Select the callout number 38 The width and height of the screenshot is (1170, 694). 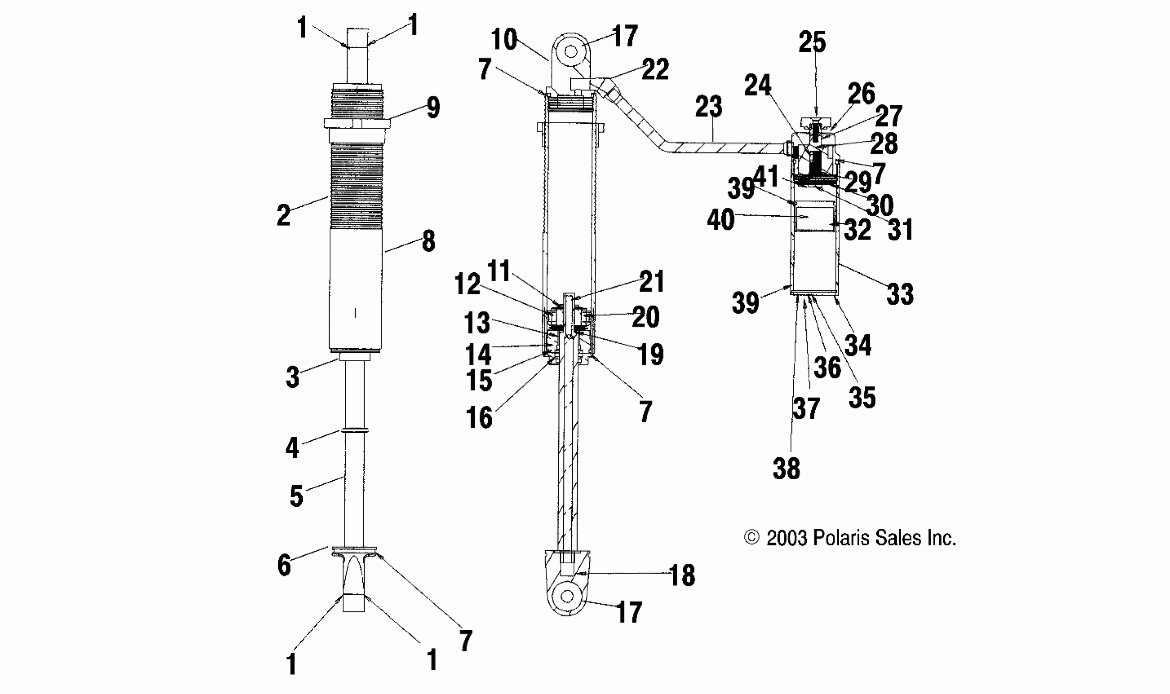787,468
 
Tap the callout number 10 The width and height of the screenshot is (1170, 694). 504,39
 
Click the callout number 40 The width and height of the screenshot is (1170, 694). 721,220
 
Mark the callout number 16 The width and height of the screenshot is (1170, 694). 479,418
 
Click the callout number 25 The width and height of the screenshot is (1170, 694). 812,42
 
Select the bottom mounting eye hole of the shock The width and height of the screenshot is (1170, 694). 567,596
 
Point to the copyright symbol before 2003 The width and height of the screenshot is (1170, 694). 752,538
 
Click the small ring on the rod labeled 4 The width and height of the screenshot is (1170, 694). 355,430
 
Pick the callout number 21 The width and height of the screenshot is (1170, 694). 652,282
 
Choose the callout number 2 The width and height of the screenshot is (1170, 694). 284,216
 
